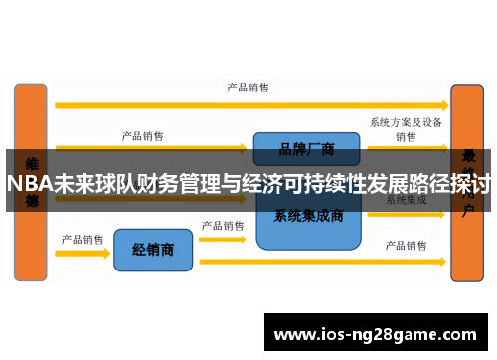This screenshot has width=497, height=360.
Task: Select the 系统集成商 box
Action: tap(308, 216)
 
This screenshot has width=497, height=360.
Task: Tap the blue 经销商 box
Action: tap(152, 249)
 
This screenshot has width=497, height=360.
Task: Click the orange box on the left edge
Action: tap(30, 179)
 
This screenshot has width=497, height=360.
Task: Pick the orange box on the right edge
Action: tap(467, 179)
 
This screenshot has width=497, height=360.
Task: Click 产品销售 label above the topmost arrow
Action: tap(248, 88)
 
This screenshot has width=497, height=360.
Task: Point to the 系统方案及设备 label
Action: tap(406, 122)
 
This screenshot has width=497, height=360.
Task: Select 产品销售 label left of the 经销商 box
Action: tap(83, 239)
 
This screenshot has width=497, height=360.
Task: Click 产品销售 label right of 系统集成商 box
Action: tap(406, 245)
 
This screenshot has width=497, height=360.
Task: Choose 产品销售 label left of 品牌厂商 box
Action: tap(143, 135)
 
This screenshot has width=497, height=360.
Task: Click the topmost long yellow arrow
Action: tap(248, 103)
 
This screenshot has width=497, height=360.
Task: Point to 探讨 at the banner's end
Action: tap(470, 184)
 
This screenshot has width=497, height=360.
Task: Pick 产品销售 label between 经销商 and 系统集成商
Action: tap(223, 226)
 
